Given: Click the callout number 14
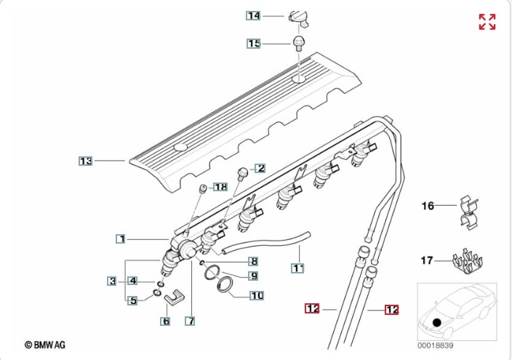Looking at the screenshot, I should pyautogui.click(x=253, y=15).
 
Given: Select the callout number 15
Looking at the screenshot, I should pyautogui.click(x=253, y=44).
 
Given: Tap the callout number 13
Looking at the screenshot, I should pyautogui.click(x=86, y=161).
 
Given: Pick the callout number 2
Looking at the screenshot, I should pyautogui.click(x=260, y=168).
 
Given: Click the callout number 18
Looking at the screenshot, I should pyautogui.click(x=220, y=187).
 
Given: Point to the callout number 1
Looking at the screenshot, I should pyautogui.click(x=121, y=238).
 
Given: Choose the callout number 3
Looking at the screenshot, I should pyautogui.click(x=112, y=281).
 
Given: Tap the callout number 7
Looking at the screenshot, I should pyautogui.click(x=191, y=321).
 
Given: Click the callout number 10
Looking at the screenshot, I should pyautogui.click(x=256, y=295).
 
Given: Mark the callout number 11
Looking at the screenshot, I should pyautogui.click(x=297, y=268).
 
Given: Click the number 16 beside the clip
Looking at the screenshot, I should pyautogui.click(x=428, y=207).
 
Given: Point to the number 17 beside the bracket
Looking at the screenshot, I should pyautogui.click(x=428, y=260).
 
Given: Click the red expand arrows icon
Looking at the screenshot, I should pyautogui.click(x=487, y=22).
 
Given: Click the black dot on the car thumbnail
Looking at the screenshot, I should pyautogui.click(x=436, y=322).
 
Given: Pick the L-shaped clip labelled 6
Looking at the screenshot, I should pyautogui.click(x=176, y=297).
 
